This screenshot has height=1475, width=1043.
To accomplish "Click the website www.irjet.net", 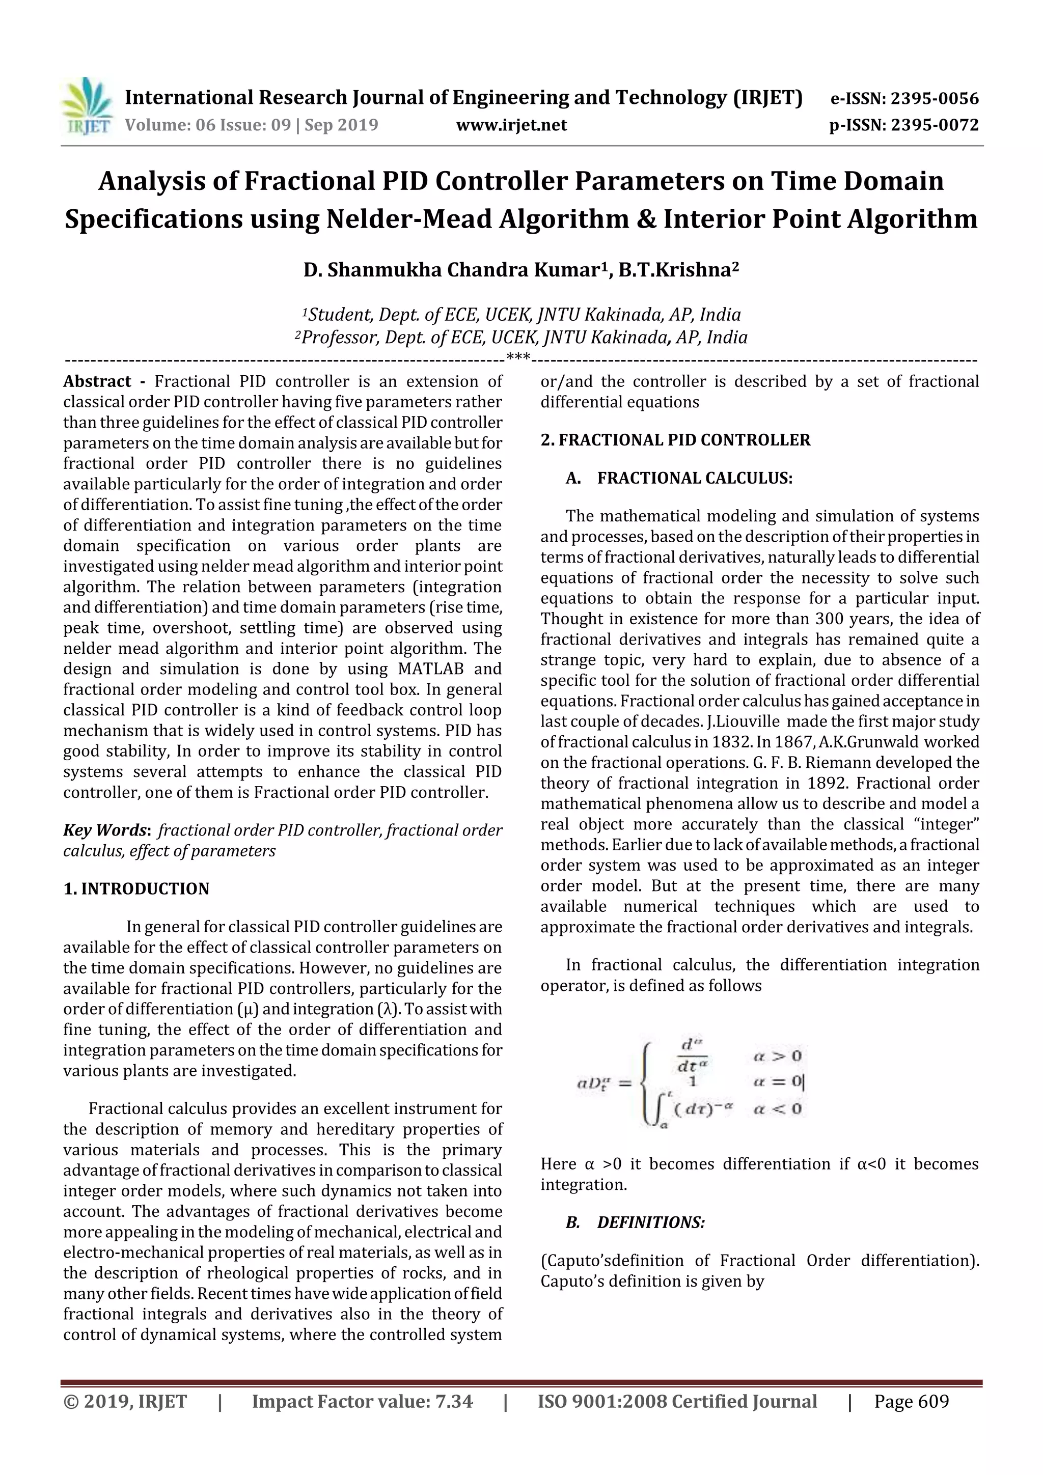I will [511, 125].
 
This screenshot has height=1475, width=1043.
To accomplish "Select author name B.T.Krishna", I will [678, 270].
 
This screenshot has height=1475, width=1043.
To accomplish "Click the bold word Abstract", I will [97, 381].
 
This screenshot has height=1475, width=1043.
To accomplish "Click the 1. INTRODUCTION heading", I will [136, 888].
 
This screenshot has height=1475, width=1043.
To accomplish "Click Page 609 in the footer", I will [911, 1401].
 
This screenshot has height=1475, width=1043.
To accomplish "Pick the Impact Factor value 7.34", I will [454, 1401].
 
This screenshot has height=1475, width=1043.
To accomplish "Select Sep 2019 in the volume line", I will [341, 125].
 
